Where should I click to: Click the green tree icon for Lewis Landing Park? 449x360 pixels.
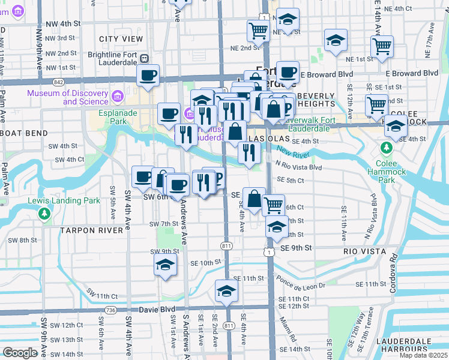pos(43,213)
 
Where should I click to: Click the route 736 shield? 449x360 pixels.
pos(110,310)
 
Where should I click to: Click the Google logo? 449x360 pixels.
pos(20,353)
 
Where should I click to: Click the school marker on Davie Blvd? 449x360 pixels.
pos(226,291)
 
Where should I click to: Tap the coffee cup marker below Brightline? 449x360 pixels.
pos(148,76)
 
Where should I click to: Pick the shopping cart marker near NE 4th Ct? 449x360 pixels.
pos(258,30)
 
